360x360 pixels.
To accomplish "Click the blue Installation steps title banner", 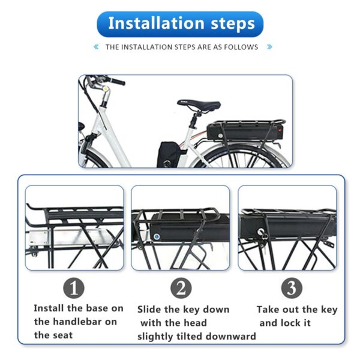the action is tap(180, 24).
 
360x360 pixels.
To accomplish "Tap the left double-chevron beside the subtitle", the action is tap(96, 47).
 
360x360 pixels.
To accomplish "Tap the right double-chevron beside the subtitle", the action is tap(270, 47).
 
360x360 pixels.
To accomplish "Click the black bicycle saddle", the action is tap(199, 105).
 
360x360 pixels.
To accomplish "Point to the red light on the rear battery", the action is tap(280, 130).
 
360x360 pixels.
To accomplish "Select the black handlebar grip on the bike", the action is tap(116, 81).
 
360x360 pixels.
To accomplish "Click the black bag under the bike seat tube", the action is tap(169, 154).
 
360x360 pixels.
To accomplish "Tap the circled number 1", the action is tap(74, 288).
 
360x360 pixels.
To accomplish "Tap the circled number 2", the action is tap(181, 288).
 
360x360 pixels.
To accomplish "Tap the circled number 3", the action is tap(292, 288).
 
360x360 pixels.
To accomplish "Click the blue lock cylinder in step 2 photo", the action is tap(157, 236).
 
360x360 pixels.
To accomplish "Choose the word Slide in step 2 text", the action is tap(148, 309).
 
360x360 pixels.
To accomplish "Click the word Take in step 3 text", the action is tap(268, 309).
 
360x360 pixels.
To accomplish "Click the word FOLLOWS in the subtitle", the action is tap(241, 47).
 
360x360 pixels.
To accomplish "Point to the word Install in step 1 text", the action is tap(49, 308).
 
